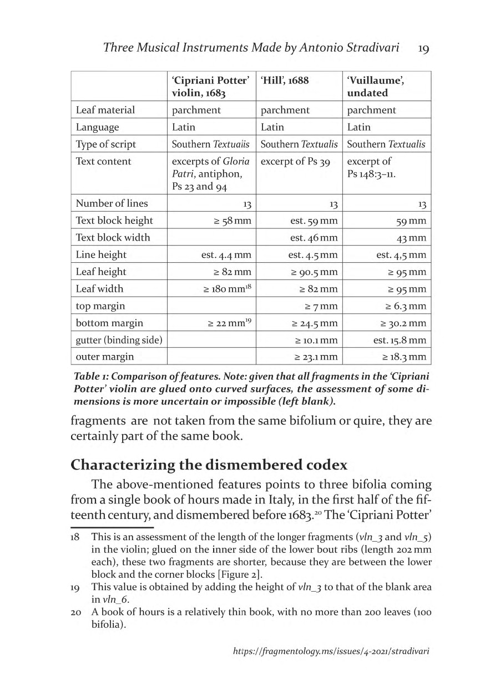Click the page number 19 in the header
click(x=423, y=48)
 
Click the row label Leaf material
click(x=105, y=110)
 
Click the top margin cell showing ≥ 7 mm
click(x=321, y=306)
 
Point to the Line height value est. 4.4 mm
click(x=226, y=254)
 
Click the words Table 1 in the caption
click(x=89, y=376)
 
